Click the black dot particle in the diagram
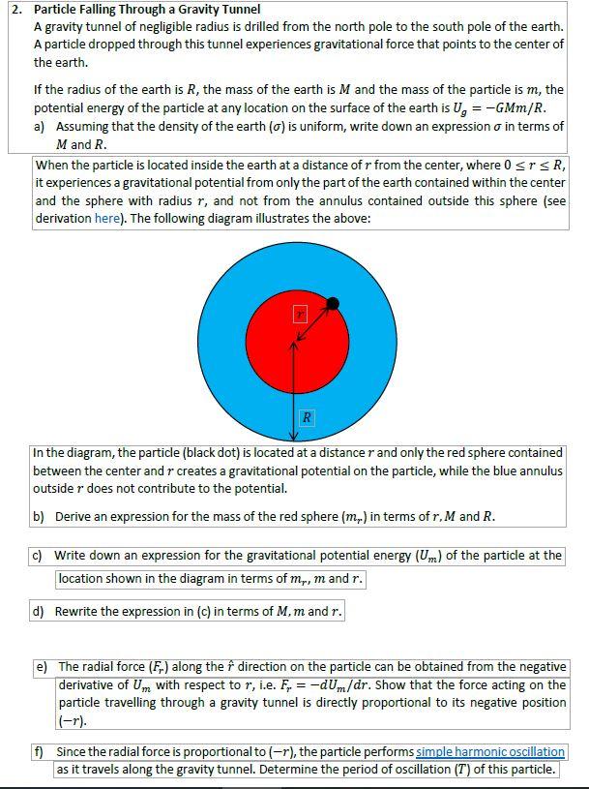[333, 304]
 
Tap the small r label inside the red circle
[300, 315]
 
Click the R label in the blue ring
[307, 417]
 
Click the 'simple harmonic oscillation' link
[490, 751]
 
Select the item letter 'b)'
[39, 516]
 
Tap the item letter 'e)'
[41, 667]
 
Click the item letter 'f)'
[39, 751]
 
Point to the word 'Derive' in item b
[74, 516]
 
